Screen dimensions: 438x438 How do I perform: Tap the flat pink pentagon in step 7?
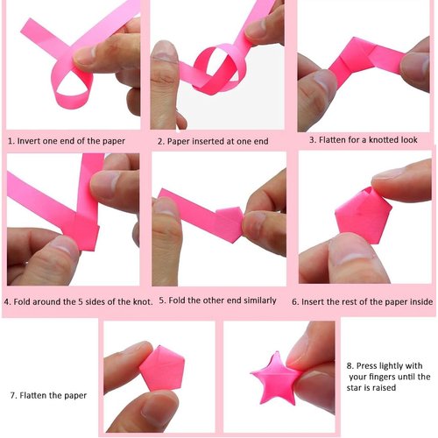click(x=161, y=369)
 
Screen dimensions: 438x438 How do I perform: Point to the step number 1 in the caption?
click(x=10, y=140)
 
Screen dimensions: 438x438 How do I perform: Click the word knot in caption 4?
click(x=140, y=301)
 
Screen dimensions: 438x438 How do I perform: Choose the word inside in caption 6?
click(x=417, y=300)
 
